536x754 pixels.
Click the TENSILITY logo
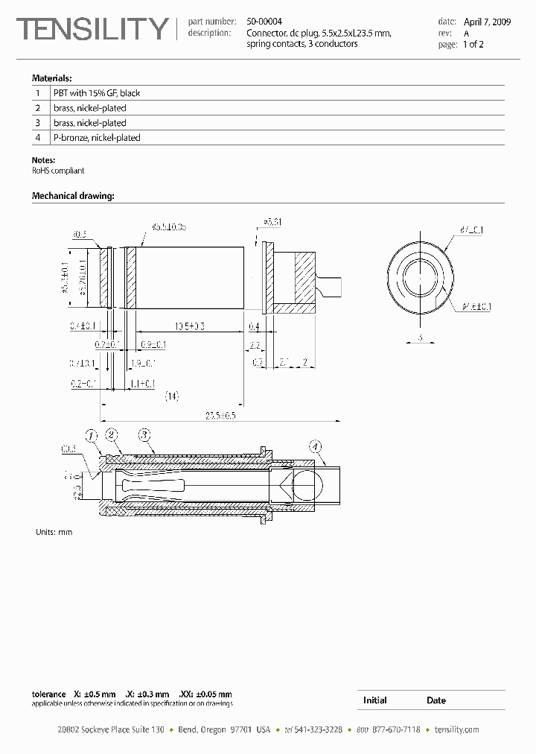tap(93, 29)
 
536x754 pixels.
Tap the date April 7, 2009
tap(487, 22)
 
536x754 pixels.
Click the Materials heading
tap(51, 78)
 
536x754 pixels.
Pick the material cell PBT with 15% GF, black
tap(97, 93)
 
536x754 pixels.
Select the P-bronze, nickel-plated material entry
tap(97, 138)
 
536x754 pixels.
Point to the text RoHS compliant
tap(58, 171)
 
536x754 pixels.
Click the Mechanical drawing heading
tap(73, 196)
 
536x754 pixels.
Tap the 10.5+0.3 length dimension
tap(189, 326)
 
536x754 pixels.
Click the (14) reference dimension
tap(172, 396)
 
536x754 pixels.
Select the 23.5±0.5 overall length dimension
tap(220, 415)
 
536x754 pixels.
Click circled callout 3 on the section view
tap(144, 434)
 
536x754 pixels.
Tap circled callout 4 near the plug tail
tap(316, 447)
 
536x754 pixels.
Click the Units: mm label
tap(54, 532)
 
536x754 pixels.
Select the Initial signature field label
tap(374, 700)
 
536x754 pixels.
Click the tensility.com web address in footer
tap(456, 729)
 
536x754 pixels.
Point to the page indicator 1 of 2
tap(473, 44)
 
